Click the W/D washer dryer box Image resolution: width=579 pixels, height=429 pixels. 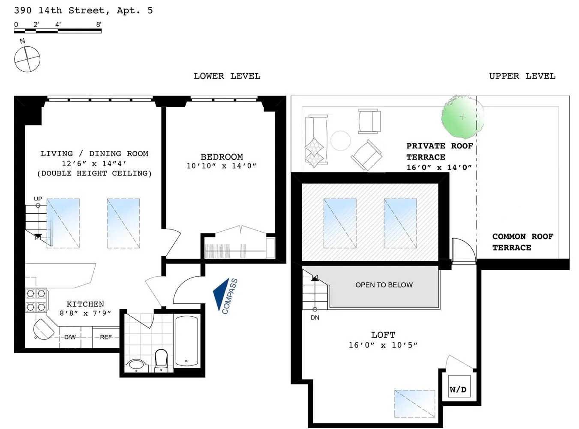click(x=458, y=389)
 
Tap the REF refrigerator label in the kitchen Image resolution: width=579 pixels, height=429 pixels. click(x=106, y=337)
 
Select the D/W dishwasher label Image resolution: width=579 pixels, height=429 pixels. click(x=70, y=337)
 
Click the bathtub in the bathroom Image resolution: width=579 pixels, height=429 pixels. click(x=186, y=341)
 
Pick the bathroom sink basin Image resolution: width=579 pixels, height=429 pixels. click(x=136, y=366)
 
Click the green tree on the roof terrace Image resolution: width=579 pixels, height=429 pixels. click(x=462, y=116)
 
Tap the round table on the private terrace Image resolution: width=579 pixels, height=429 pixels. click(x=341, y=140)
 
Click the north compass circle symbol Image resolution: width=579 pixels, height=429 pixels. click(x=27, y=59)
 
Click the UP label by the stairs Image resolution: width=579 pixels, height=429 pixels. click(x=38, y=199)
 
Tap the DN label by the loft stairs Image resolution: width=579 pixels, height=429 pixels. click(x=315, y=318)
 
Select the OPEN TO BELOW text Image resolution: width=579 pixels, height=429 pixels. click(x=384, y=285)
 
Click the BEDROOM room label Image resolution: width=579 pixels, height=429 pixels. click(x=222, y=157)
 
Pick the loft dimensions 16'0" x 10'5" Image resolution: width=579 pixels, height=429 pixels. click(x=383, y=345)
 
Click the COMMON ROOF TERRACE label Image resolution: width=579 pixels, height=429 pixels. click(x=522, y=242)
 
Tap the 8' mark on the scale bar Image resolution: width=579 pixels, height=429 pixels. click(x=99, y=24)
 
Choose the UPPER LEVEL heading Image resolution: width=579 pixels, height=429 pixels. click(x=522, y=76)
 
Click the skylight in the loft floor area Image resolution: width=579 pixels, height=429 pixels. click(x=414, y=403)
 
